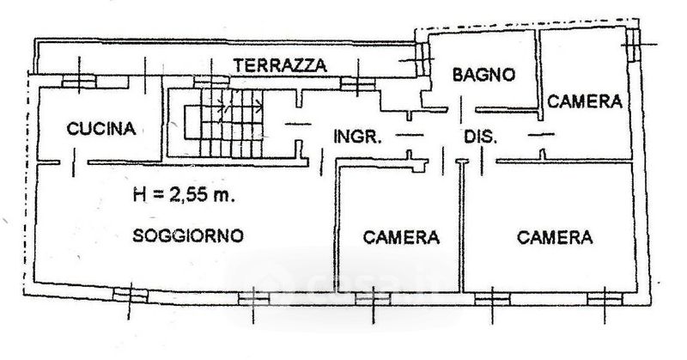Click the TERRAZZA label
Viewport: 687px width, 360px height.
(281, 64)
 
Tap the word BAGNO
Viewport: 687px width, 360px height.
(484, 75)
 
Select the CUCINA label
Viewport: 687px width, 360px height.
(101, 130)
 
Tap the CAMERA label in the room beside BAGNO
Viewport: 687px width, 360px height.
(585, 101)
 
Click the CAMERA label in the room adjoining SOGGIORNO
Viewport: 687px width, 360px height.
(401, 237)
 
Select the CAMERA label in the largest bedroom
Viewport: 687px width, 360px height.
(556, 237)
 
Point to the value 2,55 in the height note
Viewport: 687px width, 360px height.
(191, 195)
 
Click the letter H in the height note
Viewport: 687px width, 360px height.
(139, 195)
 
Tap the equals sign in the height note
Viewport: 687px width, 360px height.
(158, 195)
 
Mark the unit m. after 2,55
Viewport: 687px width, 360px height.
(224, 195)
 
